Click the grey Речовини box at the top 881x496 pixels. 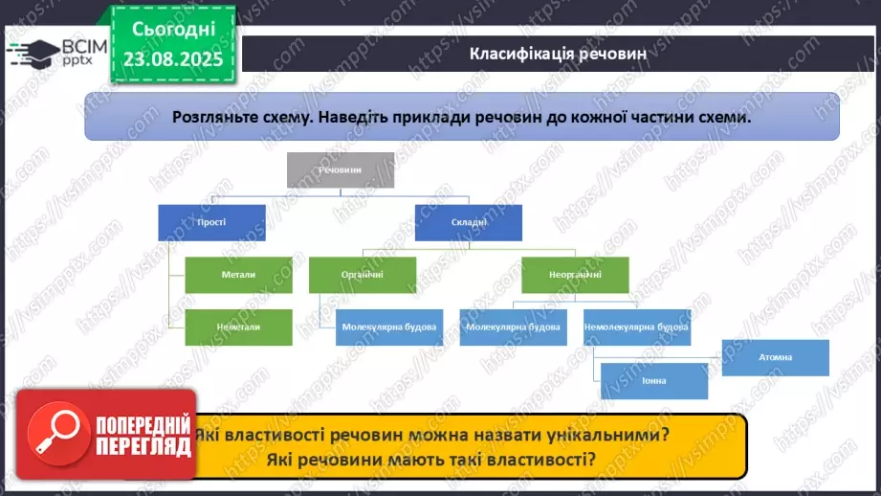click(341, 169)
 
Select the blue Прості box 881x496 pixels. click(211, 222)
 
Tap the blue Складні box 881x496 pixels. click(468, 222)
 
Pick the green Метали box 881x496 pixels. click(238, 275)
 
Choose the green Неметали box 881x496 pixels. click(238, 327)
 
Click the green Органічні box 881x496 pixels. click(362, 275)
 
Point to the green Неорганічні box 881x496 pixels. click(575, 275)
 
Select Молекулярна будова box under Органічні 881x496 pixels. click(388, 327)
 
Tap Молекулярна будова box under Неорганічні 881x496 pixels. click(513, 327)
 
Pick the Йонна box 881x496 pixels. click(654, 381)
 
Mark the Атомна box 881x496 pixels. click(775, 357)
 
